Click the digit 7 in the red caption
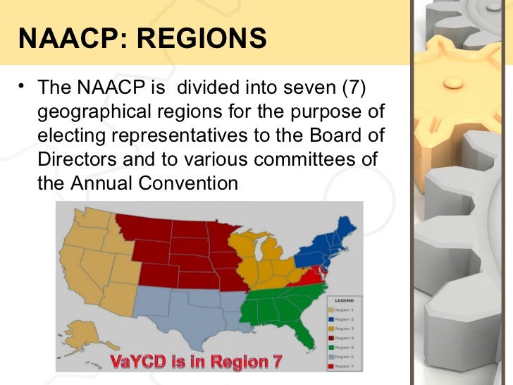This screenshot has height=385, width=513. point(276,362)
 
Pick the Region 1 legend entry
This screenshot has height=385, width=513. point(345,310)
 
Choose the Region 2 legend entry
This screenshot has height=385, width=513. point(345,319)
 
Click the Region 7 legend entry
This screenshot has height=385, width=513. point(345,366)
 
